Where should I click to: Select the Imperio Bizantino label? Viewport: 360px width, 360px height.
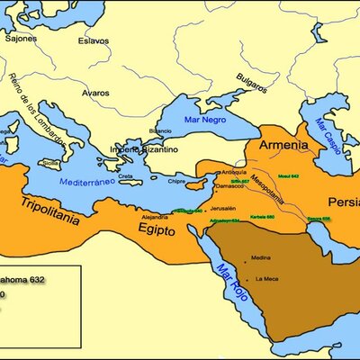click(x=143, y=148)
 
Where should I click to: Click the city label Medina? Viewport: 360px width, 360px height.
click(x=261, y=257)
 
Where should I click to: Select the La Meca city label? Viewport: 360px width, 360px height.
click(x=266, y=279)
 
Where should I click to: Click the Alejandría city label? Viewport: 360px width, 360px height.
click(x=154, y=218)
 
